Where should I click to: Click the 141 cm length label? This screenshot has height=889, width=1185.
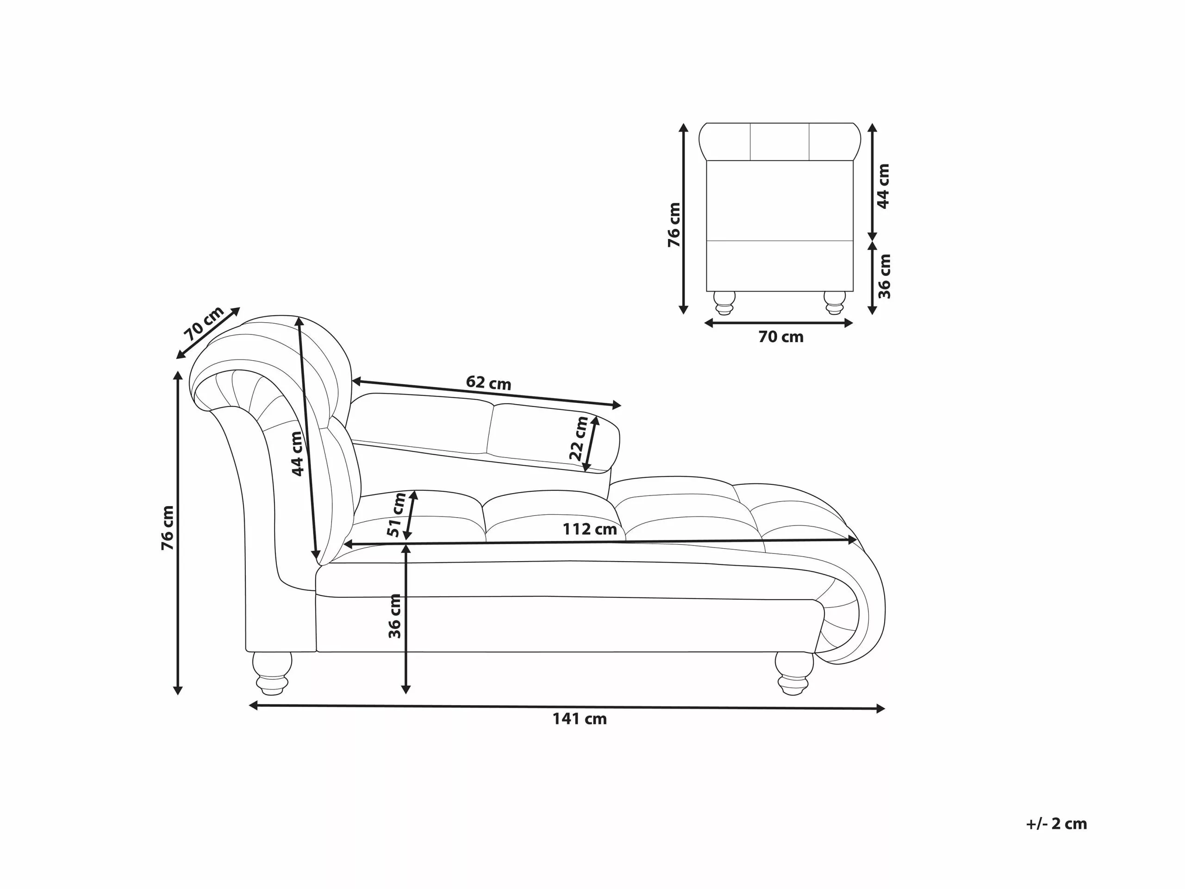580,719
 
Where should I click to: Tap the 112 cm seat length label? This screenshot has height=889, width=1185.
589,529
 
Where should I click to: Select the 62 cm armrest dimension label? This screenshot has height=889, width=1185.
488,382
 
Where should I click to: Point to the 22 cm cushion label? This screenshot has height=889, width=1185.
579,438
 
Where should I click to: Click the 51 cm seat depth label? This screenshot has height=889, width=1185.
397,515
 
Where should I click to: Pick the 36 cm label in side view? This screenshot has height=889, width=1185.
395,616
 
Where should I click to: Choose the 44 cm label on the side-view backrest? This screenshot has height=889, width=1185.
297,453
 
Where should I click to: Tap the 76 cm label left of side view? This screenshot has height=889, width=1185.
168,528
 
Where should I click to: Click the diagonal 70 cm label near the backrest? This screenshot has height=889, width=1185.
204,324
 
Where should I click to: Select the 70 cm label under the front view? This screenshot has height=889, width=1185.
780,337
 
